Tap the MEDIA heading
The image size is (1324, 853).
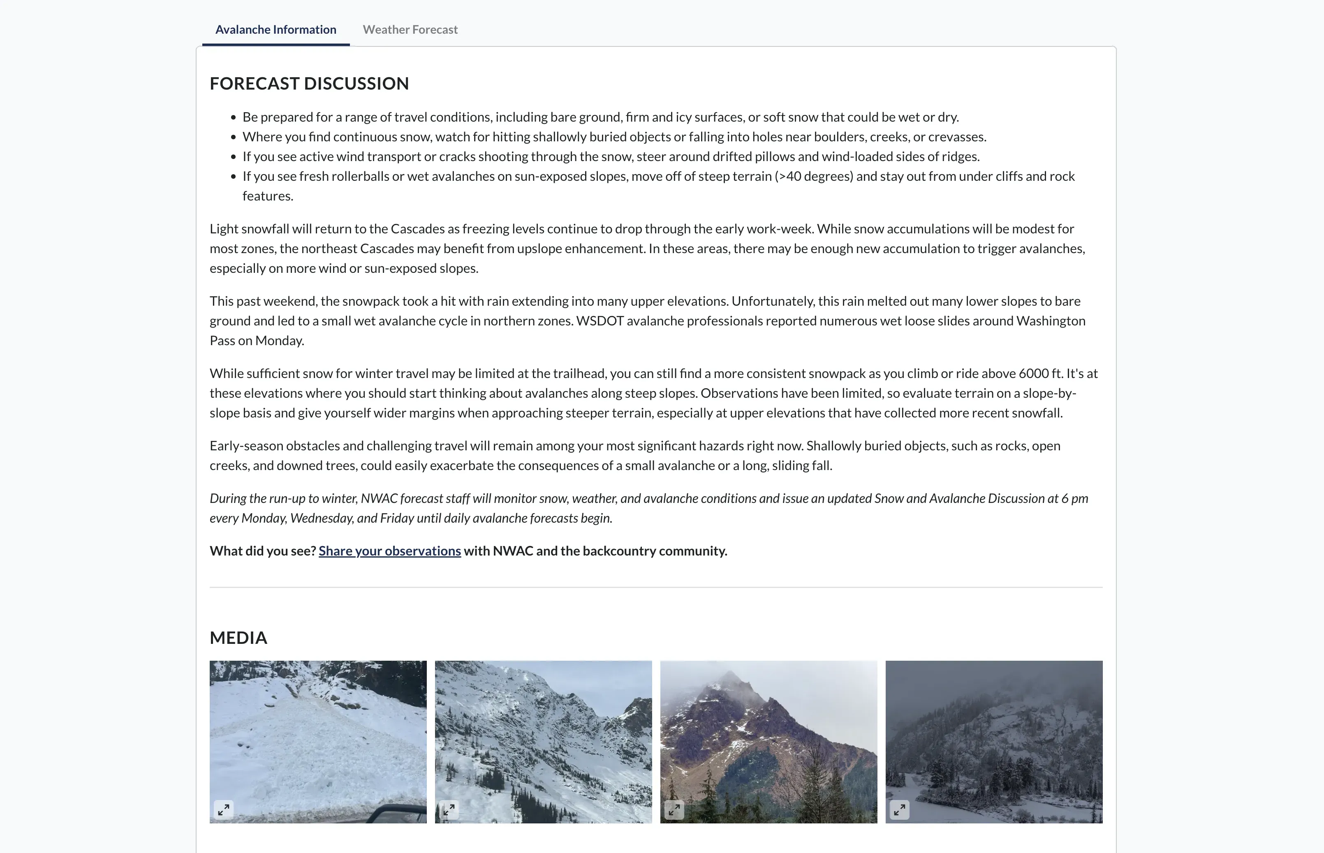click(238, 638)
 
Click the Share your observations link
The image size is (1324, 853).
click(390, 551)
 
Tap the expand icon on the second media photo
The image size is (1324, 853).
click(449, 810)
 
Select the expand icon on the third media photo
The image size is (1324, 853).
click(674, 810)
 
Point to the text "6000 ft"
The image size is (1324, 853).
click(1040, 374)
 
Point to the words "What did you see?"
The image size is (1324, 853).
click(263, 551)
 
